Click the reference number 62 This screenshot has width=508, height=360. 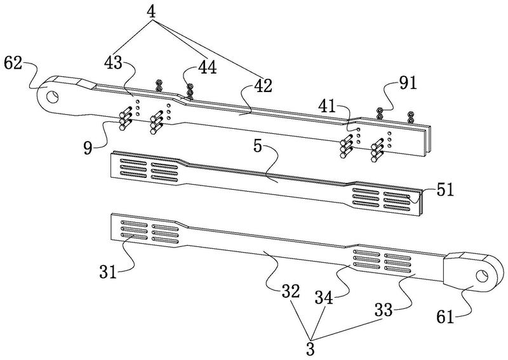click(x=13, y=63)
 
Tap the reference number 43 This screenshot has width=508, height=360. click(x=113, y=62)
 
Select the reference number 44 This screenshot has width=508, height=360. click(x=208, y=67)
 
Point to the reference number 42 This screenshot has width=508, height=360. click(x=263, y=86)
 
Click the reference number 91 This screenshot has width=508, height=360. click(x=408, y=83)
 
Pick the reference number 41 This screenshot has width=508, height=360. click(x=327, y=106)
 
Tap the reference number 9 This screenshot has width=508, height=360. click(x=88, y=148)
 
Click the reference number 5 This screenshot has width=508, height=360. click(x=257, y=146)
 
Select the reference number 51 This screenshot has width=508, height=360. click(x=445, y=190)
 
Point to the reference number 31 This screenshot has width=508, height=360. click(x=108, y=272)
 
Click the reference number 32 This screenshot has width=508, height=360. click(x=291, y=291)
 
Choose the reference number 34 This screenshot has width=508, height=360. click(x=324, y=298)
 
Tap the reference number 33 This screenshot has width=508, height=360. click(x=384, y=310)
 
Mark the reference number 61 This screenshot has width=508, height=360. click(x=445, y=317)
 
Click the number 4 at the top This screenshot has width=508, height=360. click(x=151, y=11)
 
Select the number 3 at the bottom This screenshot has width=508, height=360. click(x=311, y=350)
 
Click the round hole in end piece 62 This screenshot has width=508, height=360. click(x=52, y=97)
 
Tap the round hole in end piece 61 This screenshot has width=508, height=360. click(x=482, y=276)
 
